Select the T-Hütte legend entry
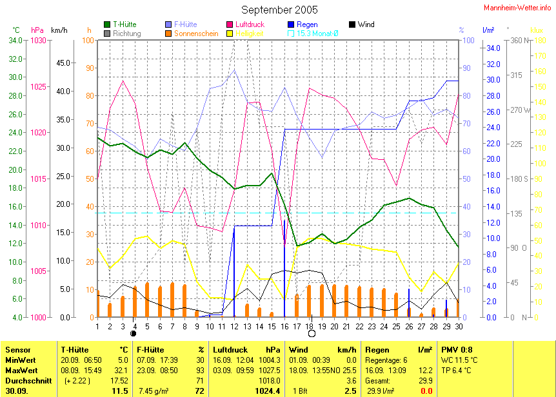click(x=124, y=24)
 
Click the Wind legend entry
click(x=366, y=24)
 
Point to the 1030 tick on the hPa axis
click(x=39, y=40)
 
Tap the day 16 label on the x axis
click(x=284, y=326)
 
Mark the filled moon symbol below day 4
click(x=134, y=334)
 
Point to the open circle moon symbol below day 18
click(x=312, y=334)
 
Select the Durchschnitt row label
click(x=25, y=382)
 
